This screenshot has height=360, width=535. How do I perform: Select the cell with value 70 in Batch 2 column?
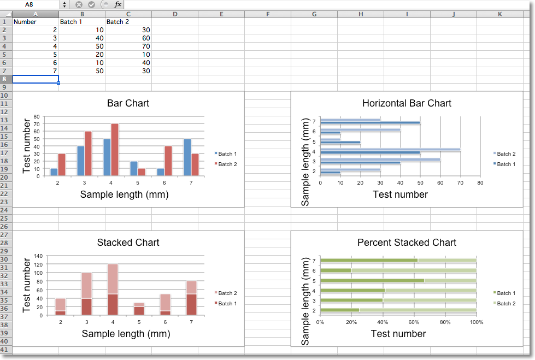tap(128, 46)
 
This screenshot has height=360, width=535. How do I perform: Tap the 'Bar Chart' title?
tap(128, 103)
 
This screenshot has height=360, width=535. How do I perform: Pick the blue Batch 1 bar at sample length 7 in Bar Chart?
tap(187, 157)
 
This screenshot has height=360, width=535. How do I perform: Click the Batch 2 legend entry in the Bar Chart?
tap(226, 164)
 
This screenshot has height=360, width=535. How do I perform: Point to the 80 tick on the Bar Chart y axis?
tap(37, 116)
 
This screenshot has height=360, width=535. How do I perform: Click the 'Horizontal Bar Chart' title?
tap(407, 103)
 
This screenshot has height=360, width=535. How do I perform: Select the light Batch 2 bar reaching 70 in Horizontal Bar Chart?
tap(390, 149)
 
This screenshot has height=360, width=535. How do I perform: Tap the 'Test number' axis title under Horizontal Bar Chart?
tap(400, 194)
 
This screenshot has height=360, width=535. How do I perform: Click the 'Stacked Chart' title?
tap(128, 243)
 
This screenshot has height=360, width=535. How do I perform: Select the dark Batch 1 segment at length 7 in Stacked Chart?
tap(191, 304)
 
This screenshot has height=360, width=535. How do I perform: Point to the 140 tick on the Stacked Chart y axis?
tap(38, 256)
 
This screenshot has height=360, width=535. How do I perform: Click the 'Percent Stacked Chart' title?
tap(407, 243)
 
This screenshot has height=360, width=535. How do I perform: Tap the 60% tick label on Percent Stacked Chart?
tap(414, 322)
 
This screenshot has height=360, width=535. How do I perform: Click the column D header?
tap(174, 14)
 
